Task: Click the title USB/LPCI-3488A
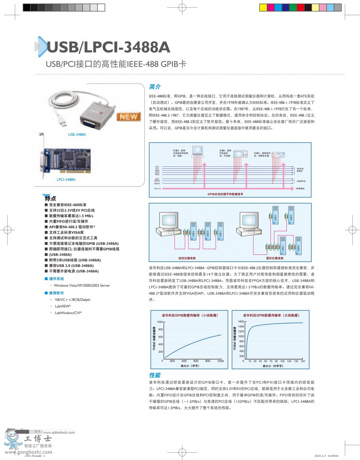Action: [108, 47]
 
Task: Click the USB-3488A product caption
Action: [77, 135]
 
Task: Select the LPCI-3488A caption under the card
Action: [66, 180]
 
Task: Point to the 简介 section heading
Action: [155, 87]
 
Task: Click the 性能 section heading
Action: [155, 375]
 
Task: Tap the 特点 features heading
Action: [50, 198]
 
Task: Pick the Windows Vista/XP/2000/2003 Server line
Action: [82, 286]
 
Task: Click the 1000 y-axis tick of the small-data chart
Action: [160, 322]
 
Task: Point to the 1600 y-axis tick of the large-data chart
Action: [241, 322]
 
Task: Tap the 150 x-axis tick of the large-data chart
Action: [302, 361]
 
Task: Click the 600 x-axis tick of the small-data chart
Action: [196, 361]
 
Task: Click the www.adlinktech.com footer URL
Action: [59, 432]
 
